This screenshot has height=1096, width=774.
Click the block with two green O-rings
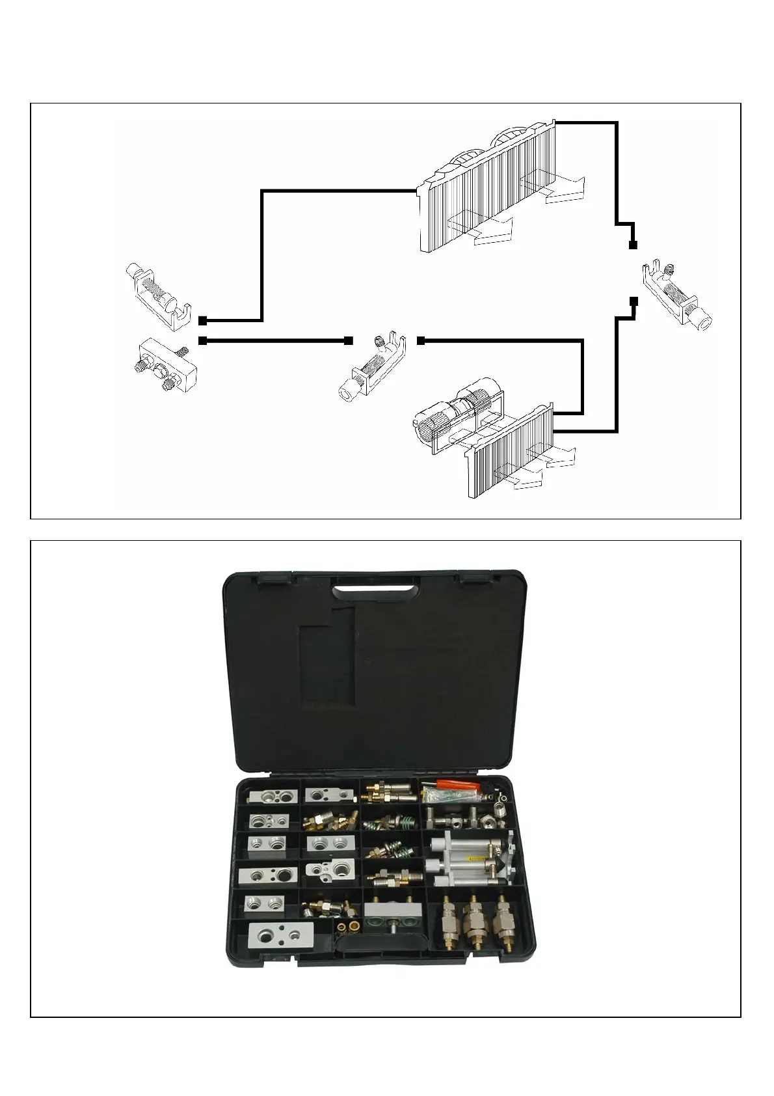point(390,916)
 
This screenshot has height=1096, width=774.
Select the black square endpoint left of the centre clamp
point(349,340)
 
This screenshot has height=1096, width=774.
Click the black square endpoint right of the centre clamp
point(421,340)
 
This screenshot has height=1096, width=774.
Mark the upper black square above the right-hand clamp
point(633,245)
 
